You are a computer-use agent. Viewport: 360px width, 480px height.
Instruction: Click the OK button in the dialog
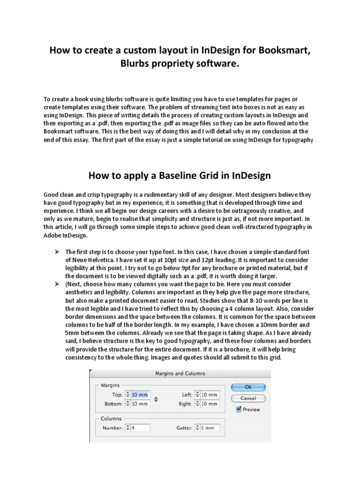click(247, 387)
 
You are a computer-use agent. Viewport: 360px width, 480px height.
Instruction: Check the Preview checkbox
click(240, 409)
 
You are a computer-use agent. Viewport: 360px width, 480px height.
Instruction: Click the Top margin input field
click(141, 395)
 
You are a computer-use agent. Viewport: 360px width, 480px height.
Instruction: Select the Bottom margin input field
click(141, 404)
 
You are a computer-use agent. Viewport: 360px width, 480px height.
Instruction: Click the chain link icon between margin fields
click(156, 399)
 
